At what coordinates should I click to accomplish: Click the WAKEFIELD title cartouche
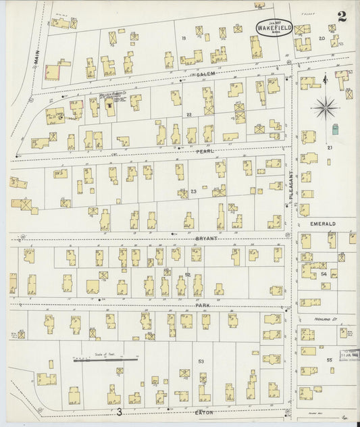coord(274,26)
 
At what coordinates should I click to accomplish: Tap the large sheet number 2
coord(342,17)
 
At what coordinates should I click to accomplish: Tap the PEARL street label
coord(199,152)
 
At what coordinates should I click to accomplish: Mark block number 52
coord(188,274)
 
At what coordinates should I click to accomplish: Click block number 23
coord(193,192)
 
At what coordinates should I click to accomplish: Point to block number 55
coord(329,361)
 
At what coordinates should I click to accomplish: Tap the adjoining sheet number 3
coord(119,411)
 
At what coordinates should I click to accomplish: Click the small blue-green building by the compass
coord(336,128)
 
